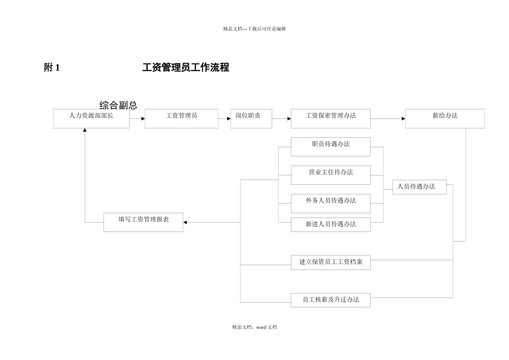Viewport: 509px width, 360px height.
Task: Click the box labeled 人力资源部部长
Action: (x=91, y=118)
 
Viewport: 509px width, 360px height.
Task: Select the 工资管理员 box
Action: (x=181, y=118)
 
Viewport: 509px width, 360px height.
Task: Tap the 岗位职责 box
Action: (x=251, y=118)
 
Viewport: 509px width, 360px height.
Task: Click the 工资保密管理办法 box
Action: (x=331, y=118)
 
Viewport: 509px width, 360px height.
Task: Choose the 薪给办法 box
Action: (x=444, y=118)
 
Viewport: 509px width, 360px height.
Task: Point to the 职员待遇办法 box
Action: (x=331, y=146)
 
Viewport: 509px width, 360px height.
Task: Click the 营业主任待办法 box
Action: (x=331, y=175)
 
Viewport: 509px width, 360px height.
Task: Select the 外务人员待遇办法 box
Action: (x=331, y=203)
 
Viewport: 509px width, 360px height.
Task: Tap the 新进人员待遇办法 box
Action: (x=331, y=224)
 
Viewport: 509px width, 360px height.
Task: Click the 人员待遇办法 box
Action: (x=419, y=187)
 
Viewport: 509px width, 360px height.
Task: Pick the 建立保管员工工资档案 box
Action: (x=331, y=262)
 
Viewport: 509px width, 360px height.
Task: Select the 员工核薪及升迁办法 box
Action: (x=331, y=300)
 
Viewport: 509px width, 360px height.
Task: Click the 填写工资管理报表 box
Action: (x=143, y=222)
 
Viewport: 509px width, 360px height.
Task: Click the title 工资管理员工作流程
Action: (x=185, y=67)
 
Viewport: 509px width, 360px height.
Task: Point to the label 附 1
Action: (x=52, y=67)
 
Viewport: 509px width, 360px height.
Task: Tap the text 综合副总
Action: (x=118, y=105)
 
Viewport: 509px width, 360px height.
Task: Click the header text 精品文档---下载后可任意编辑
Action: (x=254, y=29)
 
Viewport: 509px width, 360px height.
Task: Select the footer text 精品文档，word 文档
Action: (x=254, y=327)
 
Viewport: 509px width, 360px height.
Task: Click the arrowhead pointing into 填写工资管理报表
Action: (x=185, y=222)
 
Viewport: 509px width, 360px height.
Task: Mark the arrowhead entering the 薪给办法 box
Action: (x=403, y=118)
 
